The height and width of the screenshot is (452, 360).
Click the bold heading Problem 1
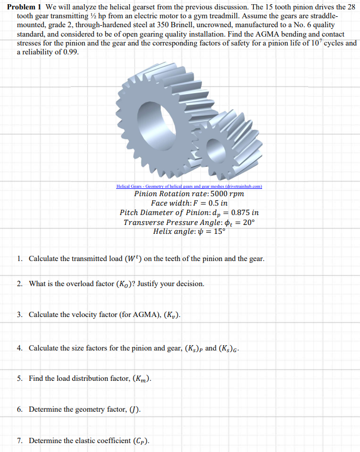[25, 6]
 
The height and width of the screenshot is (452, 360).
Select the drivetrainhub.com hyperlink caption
[189, 186]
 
